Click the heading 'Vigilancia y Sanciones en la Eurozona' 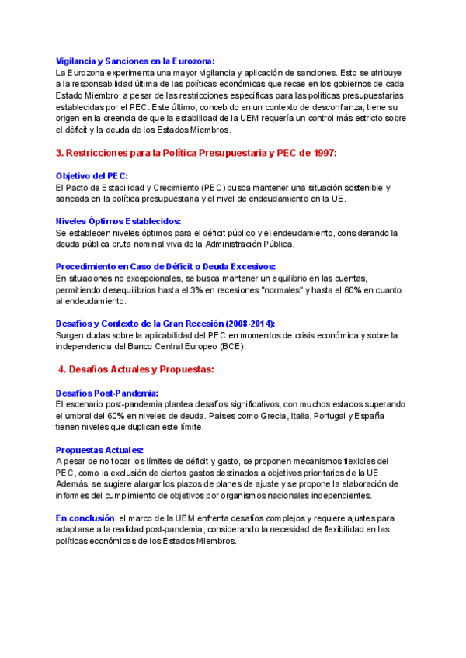pyautogui.click(x=135, y=61)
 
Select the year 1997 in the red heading pyautogui.click(x=322, y=153)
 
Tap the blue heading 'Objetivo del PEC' pyautogui.click(x=92, y=176)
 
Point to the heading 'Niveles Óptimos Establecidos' pyautogui.click(x=118, y=221)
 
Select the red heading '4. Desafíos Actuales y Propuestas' pyautogui.click(x=136, y=369)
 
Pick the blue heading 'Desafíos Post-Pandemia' pyautogui.click(x=107, y=393)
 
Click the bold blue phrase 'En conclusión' pyautogui.click(x=85, y=518)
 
